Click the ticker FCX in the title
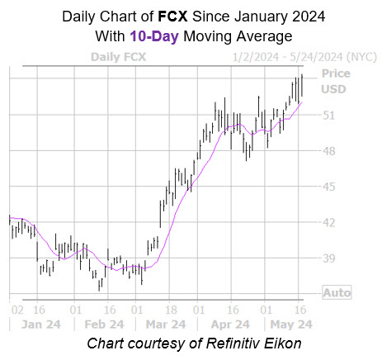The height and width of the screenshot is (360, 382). (172, 17)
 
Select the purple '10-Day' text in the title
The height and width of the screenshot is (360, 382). (154, 36)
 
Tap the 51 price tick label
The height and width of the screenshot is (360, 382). (329, 116)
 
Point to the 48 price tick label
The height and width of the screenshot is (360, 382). (329, 151)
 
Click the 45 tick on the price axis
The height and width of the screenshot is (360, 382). (329, 187)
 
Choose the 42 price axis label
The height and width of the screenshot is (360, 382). (329, 223)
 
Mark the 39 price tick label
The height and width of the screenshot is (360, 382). (329, 258)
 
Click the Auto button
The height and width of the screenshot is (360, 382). (337, 292)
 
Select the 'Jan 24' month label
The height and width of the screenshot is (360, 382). (41, 324)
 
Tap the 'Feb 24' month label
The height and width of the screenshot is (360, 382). (104, 324)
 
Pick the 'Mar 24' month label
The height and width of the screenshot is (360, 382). (166, 324)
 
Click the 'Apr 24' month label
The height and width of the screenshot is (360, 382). (230, 324)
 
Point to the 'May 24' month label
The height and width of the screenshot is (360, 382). (291, 324)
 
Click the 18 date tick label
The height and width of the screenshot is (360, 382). (171, 310)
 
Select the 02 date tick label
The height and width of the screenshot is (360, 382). (17, 310)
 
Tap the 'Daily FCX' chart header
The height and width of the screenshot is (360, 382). (118, 57)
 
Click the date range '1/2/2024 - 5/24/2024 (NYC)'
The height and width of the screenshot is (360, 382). (304, 57)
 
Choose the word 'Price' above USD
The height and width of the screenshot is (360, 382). (336, 73)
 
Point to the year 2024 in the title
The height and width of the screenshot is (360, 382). (309, 17)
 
